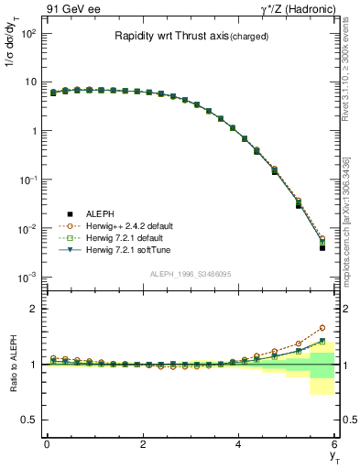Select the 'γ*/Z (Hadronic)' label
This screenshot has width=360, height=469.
click(293, 9)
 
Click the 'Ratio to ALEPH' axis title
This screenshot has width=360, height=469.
click(14, 364)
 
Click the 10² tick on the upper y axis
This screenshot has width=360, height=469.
click(27, 33)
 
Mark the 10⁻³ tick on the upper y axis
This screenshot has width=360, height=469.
click(27, 277)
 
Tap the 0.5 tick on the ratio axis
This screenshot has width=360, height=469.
click(27, 420)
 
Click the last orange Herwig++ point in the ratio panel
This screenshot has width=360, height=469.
click(322, 327)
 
